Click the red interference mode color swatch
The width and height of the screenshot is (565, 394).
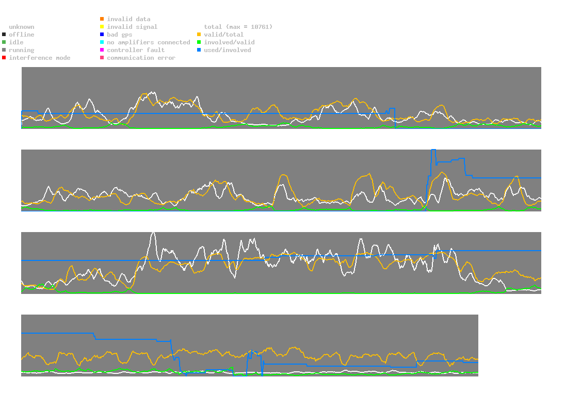[x=4, y=58]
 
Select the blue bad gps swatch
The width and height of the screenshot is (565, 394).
[x=102, y=35]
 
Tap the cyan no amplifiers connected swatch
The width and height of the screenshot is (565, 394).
[x=102, y=42]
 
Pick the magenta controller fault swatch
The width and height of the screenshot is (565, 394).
[x=102, y=50]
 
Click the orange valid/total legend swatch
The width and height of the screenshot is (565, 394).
[x=199, y=35]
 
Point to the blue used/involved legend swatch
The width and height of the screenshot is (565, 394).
[x=199, y=50]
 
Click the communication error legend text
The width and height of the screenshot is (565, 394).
[x=141, y=58]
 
